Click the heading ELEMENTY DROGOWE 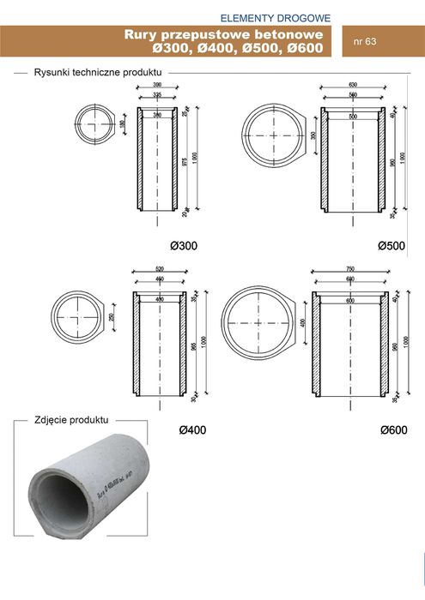[x=274, y=17]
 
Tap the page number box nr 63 [x=367, y=40]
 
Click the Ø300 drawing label [x=183, y=246]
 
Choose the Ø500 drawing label [x=391, y=246]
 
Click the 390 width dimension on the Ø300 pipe [x=157, y=87]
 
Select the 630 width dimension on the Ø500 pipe [x=352, y=87]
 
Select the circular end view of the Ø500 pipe [x=272, y=136]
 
